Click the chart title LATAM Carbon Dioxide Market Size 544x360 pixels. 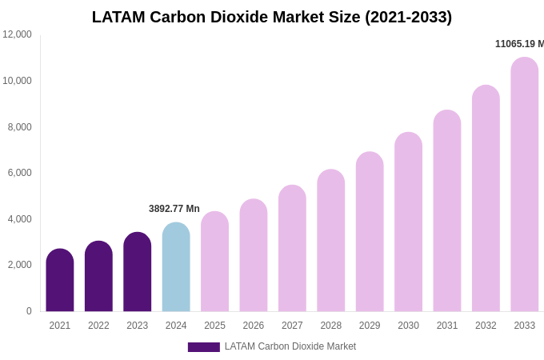click(x=272, y=17)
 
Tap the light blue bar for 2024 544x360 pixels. click(x=176, y=267)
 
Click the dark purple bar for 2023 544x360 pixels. click(x=138, y=272)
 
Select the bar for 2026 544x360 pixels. click(x=254, y=255)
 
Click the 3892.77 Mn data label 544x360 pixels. click(x=174, y=209)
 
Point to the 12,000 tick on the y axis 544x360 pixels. click(x=17, y=34)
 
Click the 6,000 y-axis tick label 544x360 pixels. click(x=20, y=173)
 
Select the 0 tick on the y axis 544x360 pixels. click(x=29, y=311)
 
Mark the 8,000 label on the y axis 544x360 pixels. click(x=20, y=126)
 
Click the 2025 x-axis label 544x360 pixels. click(x=214, y=326)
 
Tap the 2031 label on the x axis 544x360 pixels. click(x=447, y=326)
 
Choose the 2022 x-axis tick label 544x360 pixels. click(x=98, y=326)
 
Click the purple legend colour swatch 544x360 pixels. click(x=203, y=347)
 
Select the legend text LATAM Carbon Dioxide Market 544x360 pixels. click(x=290, y=346)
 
